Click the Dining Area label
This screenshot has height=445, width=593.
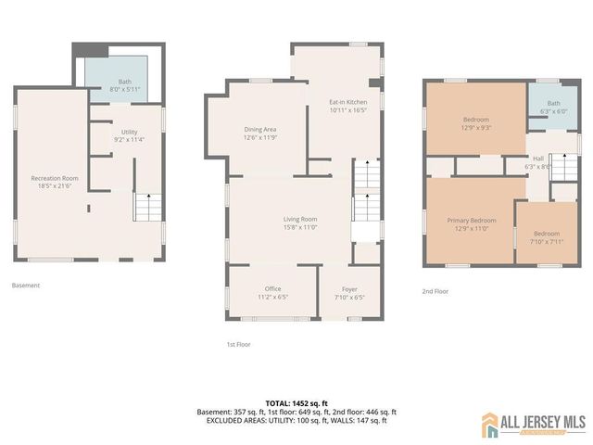260,133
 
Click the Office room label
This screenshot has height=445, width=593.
272,294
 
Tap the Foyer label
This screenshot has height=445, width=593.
348,294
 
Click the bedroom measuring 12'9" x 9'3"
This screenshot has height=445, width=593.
476,123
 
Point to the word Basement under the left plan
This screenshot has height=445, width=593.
26,286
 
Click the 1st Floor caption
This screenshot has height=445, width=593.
238,344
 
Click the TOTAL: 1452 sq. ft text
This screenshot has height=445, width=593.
296,403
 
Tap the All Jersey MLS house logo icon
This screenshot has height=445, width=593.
491,426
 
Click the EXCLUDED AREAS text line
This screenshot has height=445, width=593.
296,420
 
